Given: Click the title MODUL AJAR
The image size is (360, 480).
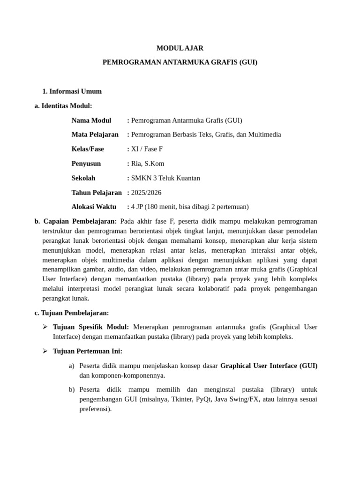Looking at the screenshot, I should [x=180, y=48].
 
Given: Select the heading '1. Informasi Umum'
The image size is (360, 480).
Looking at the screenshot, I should [x=72, y=91].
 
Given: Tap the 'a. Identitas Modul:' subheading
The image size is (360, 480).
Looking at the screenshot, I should [x=63, y=106].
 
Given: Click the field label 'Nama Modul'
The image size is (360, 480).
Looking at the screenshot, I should [x=91, y=120].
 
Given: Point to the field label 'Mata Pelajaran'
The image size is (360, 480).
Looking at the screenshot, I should [x=95, y=135].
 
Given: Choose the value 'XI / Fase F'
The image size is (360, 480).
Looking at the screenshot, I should [x=147, y=149].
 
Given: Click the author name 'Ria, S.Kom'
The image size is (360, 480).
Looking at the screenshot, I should [x=148, y=164].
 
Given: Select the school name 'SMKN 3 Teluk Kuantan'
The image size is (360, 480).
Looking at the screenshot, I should [x=165, y=178].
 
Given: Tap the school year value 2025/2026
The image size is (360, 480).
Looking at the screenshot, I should [x=146, y=193].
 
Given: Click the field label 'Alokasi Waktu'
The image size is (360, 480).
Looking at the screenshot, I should [x=94, y=207].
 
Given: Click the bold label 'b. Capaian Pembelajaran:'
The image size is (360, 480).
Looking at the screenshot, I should [x=76, y=221].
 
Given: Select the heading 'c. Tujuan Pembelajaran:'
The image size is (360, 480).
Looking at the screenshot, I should [x=72, y=313].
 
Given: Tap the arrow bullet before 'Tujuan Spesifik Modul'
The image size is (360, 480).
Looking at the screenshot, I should [x=45, y=327].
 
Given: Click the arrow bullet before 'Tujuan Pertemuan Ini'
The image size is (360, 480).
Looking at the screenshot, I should [x=45, y=351].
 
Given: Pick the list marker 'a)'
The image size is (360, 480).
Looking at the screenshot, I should [x=72, y=366].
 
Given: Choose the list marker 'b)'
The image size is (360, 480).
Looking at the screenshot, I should [x=72, y=390].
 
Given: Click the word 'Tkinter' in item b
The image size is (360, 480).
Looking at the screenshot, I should [x=181, y=399].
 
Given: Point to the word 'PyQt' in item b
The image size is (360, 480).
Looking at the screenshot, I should [x=204, y=399].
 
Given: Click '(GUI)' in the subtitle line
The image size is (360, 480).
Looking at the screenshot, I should [x=248, y=62].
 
